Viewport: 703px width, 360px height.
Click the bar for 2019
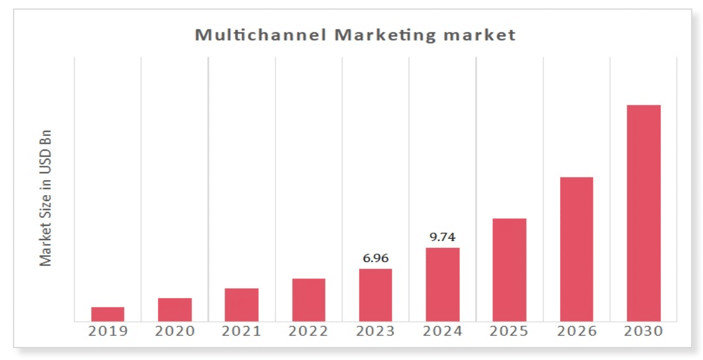pyautogui.click(x=108, y=314)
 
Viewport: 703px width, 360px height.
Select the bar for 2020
pyautogui.click(x=175, y=310)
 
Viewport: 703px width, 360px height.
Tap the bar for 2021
pyautogui.click(x=242, y=305)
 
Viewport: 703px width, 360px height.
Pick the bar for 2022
pyautogui.click(x=308, y=300)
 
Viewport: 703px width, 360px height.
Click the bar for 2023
pyautogui.click(x=375, y=295)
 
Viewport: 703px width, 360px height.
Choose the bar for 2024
pyautogui.click(x=443, y=284)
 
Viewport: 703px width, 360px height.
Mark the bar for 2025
pyautogui.click(x=509, y=270)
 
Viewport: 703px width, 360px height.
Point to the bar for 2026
pyautogui.click(x=576, y=249)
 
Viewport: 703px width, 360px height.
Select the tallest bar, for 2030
pyautogui.click(x=644, y=213)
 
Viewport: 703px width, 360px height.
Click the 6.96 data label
pyautogui.click(x=375, y=259)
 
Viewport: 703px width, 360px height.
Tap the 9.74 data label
pyautogui.click(x=443, y=238)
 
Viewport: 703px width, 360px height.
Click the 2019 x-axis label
pyautogui.click(x=108, y=331)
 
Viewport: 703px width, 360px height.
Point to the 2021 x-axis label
pyautogui.click(x=242, y=331)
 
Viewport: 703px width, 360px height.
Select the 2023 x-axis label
pyautogui.click(x=375, y=331)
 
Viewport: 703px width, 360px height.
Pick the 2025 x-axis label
pyautogui.click(x=509, y=331)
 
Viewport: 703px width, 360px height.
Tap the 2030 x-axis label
pyautogui.click(x=644, y=331)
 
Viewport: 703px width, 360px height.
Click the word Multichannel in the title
pyautogui.click(x=260, y=35)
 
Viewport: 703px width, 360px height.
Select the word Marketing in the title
pyautogui.click(x=385, y=35)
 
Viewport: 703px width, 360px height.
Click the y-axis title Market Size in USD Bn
pyautogui.click(x=46, y=198)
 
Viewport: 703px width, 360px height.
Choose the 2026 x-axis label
pyautogui.click(x=576, y=331)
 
